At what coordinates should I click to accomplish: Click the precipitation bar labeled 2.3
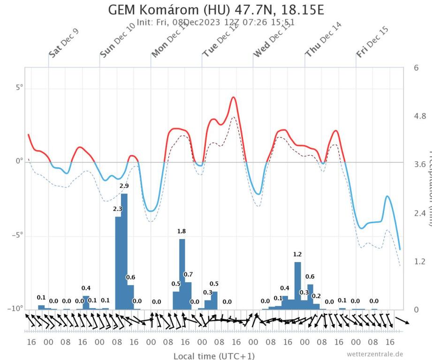[x=118, y=262]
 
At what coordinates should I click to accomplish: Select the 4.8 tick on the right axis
[x=419, y=116]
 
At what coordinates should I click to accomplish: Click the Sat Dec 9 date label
[x=64, y=43]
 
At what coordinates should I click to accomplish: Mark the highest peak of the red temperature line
[x=234, y=97]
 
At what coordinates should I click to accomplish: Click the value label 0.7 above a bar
[x=188, y=274]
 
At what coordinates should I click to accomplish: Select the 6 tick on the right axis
[x=416, y=67]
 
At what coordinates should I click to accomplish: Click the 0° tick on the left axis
[x=19, y=162]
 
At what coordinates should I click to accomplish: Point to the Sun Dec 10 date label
[x=116, y=43]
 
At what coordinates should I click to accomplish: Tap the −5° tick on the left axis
[x=17, y=235]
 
